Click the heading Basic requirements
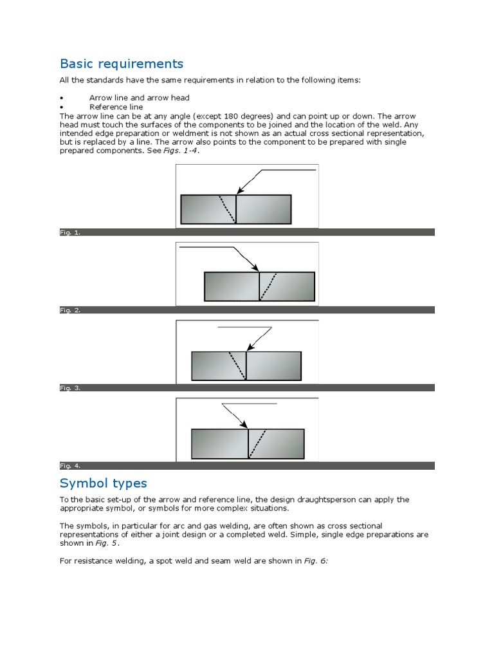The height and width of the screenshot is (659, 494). [122, 64]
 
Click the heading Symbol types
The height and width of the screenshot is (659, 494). [103, 483]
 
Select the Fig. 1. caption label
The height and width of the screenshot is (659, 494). [70, 232]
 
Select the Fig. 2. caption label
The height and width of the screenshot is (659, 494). [70, 310]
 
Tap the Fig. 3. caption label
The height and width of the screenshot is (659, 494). [70, 388]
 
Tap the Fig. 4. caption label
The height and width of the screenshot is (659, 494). [70, 465]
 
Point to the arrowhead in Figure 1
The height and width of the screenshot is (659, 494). [239, 190]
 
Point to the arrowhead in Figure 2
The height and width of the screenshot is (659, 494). [255, 268]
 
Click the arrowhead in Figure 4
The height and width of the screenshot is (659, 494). [244, 425]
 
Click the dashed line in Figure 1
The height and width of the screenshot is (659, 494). [227, 209]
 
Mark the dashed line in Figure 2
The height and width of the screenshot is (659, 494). [268, 286]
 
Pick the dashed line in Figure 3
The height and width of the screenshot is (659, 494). [237, 366]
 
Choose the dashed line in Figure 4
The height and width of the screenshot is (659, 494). [257, 443]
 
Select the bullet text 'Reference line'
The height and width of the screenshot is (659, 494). [116, 107]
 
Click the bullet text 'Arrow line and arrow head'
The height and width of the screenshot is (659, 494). [139, 98]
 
